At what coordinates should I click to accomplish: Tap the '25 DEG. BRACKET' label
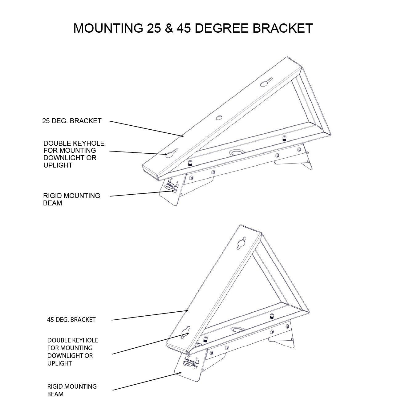pyautogui.click(x=72, y=121)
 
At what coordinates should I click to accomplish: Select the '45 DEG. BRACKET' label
pyautogui.click(x=71, y=320)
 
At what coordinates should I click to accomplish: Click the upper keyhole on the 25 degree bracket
pyautogui.click(x=265, y=83)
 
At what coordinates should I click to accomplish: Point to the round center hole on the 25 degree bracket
pyautogui.click(x=219, y=118)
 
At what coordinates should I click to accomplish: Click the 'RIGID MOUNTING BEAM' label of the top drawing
pyautogui.click(x=71, y=199)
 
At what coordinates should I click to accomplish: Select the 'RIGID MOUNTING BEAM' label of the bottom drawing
pyautogui.click(x=72, y=390)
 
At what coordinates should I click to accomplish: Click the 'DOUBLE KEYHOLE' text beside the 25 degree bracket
pyautogui.click(x=74, y=144)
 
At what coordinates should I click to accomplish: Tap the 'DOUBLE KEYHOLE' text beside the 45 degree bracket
pyautogui.click(x=73, y=340)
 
